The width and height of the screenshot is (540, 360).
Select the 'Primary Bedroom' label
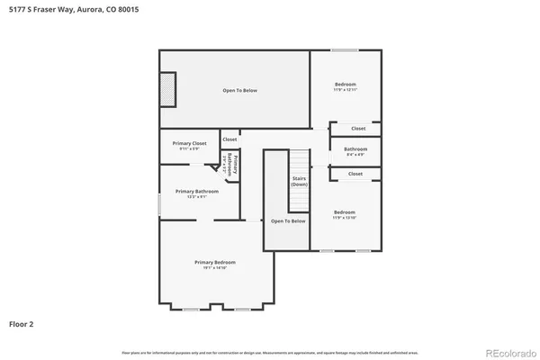214,262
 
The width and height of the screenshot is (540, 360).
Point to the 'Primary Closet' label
190,143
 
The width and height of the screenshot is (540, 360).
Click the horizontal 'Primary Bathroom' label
197,191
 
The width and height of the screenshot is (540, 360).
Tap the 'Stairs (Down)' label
299,181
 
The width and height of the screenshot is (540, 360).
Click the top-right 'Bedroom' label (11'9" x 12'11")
346,85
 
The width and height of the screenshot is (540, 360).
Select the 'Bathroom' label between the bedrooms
355,149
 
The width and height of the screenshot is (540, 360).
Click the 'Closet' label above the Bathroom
358,129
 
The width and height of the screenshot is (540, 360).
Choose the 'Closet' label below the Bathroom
355,174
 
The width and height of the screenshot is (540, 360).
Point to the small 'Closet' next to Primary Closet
229,139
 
